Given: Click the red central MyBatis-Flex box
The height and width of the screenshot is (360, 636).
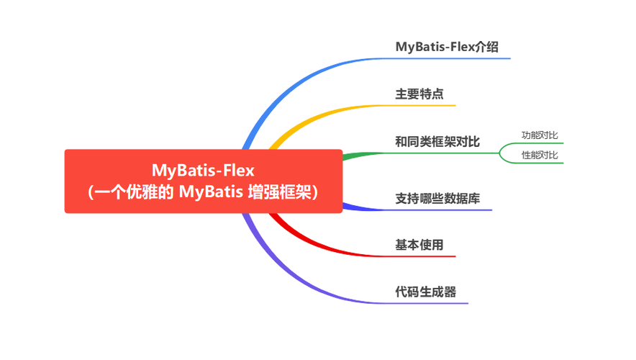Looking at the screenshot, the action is [203, 181].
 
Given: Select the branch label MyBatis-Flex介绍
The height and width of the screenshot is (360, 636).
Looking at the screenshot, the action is [447, 47].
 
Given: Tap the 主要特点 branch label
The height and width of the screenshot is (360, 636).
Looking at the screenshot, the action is [419, 94].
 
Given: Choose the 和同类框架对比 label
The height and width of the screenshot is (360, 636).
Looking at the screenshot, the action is [437, 142].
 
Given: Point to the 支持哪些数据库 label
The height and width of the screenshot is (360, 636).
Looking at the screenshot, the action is [437, 199].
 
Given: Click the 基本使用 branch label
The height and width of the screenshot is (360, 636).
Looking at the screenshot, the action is [419, 245].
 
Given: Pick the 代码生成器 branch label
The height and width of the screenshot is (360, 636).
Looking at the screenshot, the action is [426, 292].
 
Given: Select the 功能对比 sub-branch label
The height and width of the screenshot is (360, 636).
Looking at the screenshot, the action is [540, 135].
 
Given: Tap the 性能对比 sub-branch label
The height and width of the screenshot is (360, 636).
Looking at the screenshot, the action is [540, 155].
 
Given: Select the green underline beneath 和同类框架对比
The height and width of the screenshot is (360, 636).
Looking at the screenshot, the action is [421, 153].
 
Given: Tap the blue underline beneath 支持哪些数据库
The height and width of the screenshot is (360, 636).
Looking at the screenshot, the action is [417, 209].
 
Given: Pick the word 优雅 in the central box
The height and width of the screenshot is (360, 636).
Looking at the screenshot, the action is [142, 192].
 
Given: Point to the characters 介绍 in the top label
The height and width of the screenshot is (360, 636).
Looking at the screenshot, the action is [487, 47].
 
